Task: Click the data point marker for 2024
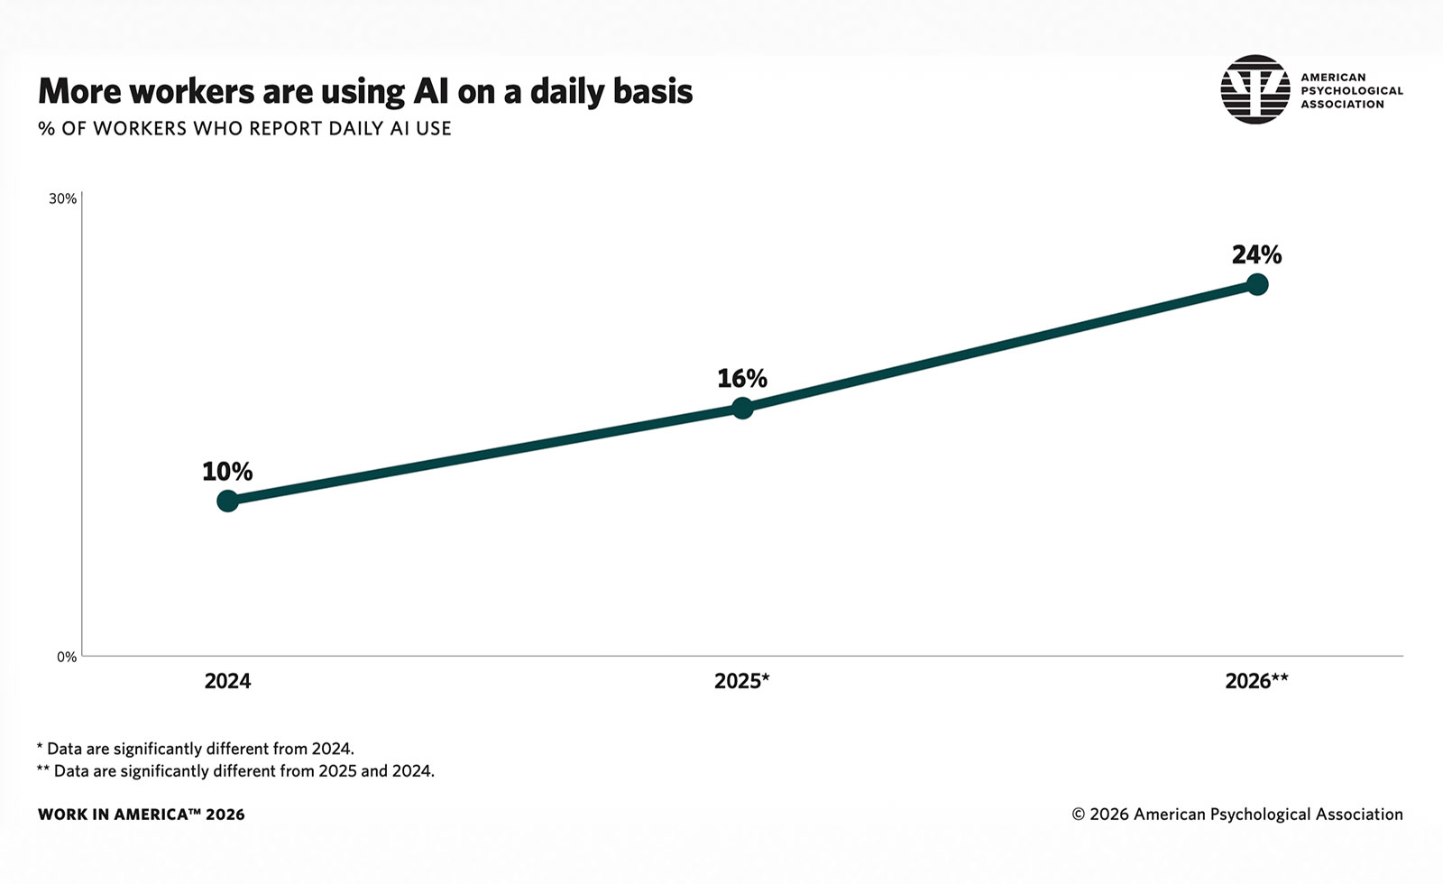click(x=227, y=501)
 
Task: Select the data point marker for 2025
click(x=742, y=408)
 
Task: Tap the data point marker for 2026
click(x=1257, y=284)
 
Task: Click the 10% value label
click(x=227, y=472)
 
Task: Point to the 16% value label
click(x=742, y=379)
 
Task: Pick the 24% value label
click(x=1257, y=255)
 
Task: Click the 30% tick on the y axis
click(x=62, y=199)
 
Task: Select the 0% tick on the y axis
click(x=67, y=658)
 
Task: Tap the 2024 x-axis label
click(x=227, y=681)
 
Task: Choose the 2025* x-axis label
click(x=742, y=681)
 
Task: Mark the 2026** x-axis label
click(x=1257, y=681)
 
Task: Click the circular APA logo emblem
click(x=1255, y=89)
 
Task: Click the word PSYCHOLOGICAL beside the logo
click(x=1352, y=91)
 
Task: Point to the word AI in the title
click(x=430, y=91)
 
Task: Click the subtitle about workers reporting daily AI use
click(x=244, y=129)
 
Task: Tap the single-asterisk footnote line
click(x=195, y=749)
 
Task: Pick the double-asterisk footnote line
click(x=235, y=771)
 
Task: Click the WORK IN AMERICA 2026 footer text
click(x=141, y=815)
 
